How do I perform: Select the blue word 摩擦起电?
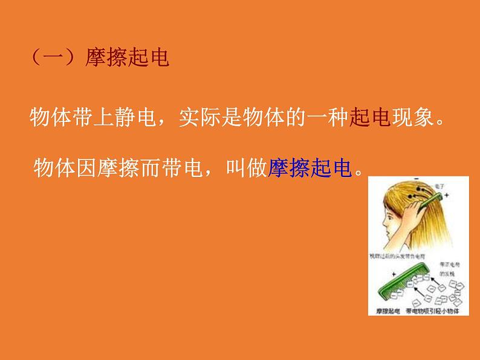(x=310, y=167)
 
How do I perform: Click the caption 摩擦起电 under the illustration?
(x=383, y=311)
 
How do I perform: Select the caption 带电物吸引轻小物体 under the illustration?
(x=432, y=311)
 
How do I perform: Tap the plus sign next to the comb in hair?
(x=447, y=196)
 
